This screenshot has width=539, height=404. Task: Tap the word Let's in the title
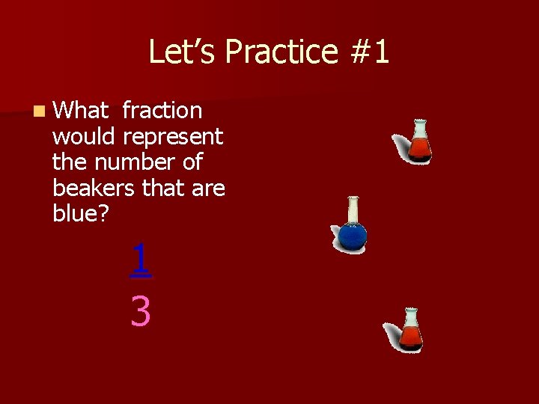coord(183,52)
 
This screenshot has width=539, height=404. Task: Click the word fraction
coord(162,111)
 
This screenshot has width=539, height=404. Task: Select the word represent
coord(173,137)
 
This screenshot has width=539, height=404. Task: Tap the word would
coord(82,137)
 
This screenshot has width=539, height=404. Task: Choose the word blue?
coord(81,214)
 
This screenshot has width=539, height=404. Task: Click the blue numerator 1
coord(140,260)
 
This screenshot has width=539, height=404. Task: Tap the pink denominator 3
coord(140,311)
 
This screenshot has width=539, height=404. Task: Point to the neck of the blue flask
coord(353,209)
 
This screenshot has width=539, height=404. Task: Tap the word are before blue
coord(208,189)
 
